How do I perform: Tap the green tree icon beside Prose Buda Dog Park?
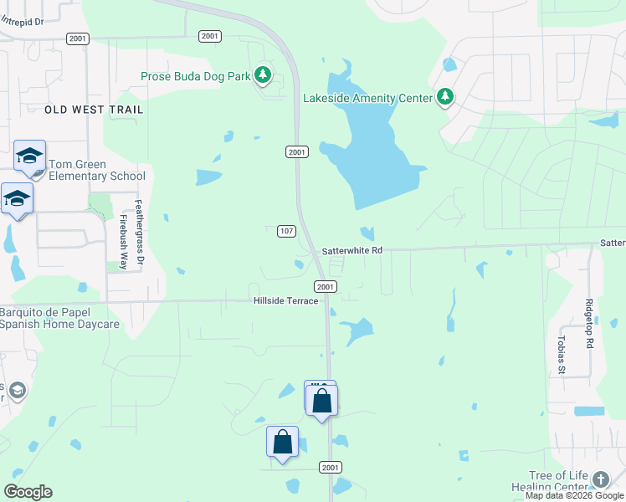tap(263, 75)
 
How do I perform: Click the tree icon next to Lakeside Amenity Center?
tap(445, 97)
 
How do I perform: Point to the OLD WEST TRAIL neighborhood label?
tap(94, 110)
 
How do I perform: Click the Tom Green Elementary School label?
tap(96, 170)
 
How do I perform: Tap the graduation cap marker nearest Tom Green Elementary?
tap(29, 156)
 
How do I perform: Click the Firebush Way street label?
tap(123, 243)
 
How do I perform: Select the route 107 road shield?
tap(286, 231)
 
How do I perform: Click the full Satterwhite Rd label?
tap(351, 250)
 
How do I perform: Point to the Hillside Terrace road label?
tap(285, 300)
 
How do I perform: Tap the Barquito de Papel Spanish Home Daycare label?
tap(60, 319)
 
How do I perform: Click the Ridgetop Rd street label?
tap(590, 324)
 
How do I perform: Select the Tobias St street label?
tap(562, 355)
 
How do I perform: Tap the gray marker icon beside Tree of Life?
tap(600, 479)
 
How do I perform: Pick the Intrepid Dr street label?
tap(22, 22)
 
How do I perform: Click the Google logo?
tap(28, 492)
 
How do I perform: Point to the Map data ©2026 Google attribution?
tap(575, 495)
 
